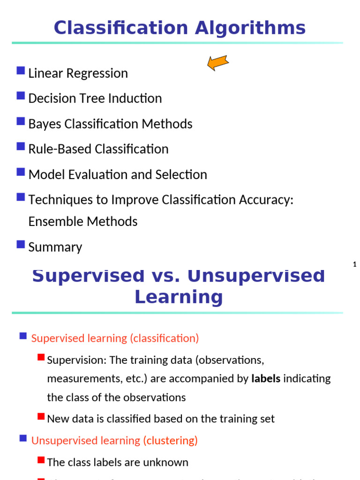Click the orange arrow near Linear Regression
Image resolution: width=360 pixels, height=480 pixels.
[217, 62]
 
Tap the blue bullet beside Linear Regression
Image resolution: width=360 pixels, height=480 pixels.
[21, 71]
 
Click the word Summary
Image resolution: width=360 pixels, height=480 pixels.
[55, 247]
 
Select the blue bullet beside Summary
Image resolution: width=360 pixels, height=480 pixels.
[21, 244]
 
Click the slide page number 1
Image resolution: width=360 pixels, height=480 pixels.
[355, 265]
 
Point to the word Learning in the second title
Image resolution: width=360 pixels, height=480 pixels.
[179, 297]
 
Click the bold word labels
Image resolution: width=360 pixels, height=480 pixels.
[266, 379]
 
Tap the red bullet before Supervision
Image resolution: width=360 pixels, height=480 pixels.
[41, 358]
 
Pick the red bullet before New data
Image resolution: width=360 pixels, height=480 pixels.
[41, 416]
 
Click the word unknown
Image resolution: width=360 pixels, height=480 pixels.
[168, 463]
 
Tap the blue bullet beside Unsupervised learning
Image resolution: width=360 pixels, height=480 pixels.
[23, 438]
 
